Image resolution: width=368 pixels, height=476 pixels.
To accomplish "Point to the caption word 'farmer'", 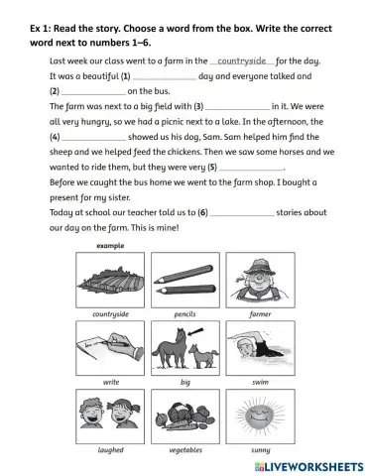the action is pyautogui.click(x=260, y=312).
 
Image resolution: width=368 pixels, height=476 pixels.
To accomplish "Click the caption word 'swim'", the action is pyautogui.click(x=260, y=381).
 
